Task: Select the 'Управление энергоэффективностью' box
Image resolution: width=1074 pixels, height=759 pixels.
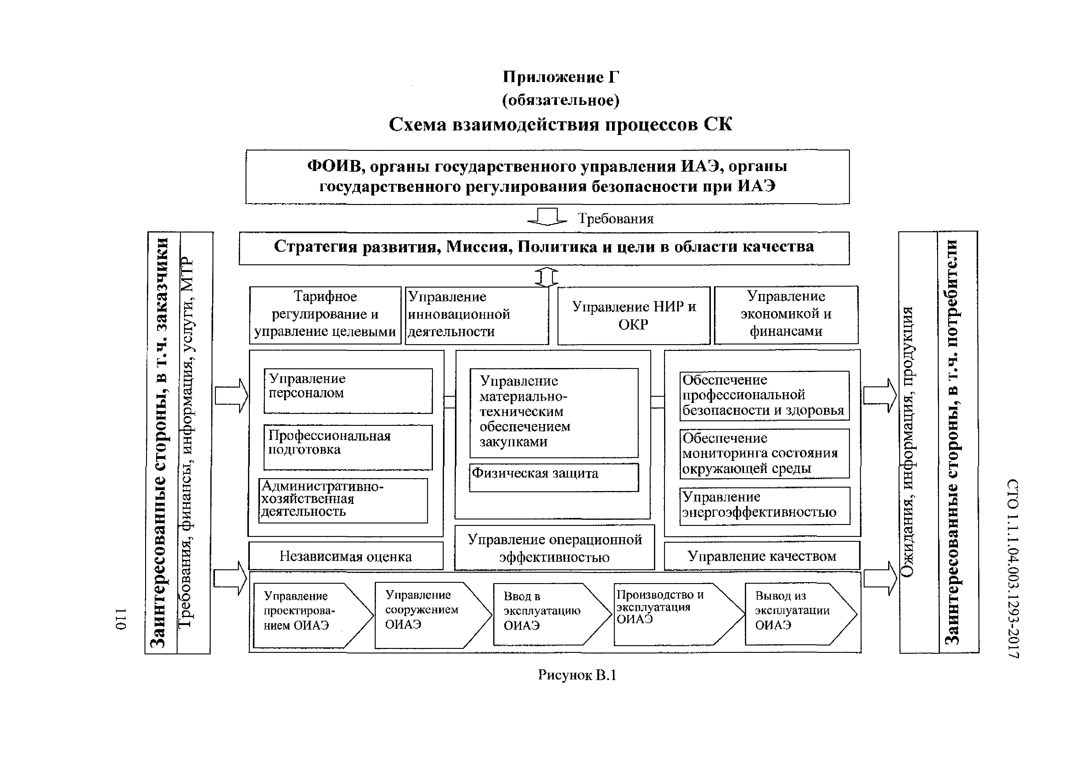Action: [764, 506]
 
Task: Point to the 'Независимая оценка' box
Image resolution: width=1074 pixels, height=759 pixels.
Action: [345, 556]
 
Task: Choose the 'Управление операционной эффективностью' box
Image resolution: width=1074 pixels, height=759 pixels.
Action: [554, 548]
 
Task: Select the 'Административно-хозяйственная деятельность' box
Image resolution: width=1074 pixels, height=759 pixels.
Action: [343, 500]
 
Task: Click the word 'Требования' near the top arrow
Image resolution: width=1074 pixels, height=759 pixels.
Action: [616, 219]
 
